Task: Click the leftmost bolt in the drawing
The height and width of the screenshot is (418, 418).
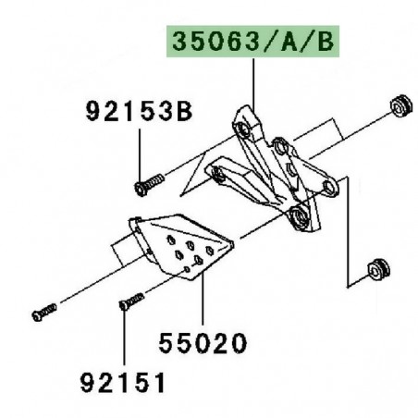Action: click(39, 314)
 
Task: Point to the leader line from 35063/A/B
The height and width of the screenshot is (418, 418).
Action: click(253, 83)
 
